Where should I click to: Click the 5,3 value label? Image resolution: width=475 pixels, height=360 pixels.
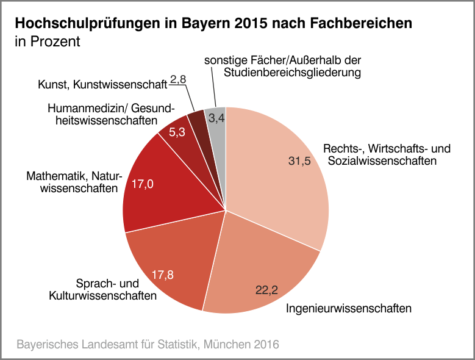pyautogui.click(x=177, y=133)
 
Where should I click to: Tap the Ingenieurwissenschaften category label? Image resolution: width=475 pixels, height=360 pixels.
pyautogui.click(x=349, y=308)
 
